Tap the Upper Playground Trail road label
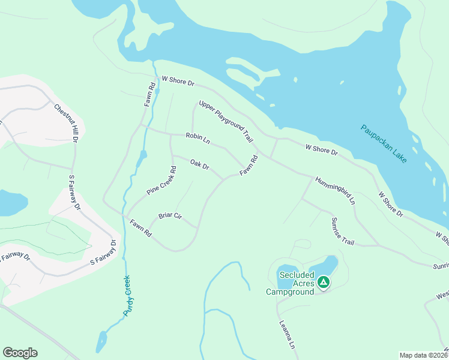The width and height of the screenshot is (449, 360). (225, 121)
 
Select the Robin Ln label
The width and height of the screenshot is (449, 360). (197, 139)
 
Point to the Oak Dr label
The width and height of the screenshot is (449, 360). (199, 164)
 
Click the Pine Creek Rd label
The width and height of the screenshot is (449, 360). (161, 181)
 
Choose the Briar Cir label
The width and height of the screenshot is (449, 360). (170, 216)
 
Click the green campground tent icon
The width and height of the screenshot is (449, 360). (324, 281)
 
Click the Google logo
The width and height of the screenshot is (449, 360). (20, 353)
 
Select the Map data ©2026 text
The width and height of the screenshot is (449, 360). (423, 355)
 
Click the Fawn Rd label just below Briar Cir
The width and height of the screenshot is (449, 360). (141, 230)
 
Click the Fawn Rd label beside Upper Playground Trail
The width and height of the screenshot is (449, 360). (249, 166)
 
